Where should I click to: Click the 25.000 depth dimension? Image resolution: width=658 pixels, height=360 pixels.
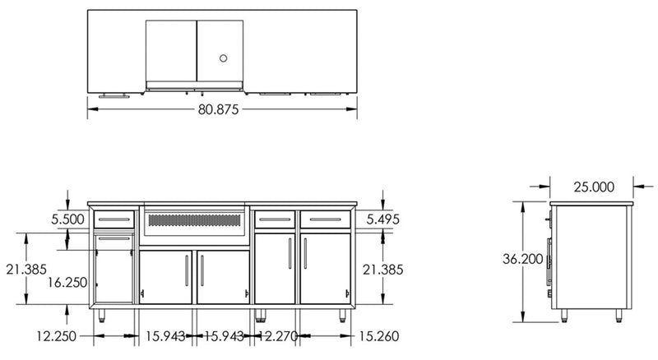click(x=592, y=187)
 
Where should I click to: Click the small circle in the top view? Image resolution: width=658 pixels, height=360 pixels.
click(x=223, y=58)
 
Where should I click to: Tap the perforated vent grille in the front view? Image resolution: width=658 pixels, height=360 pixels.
click(x=195, y=221)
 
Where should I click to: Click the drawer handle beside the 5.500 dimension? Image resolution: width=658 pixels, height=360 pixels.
click(x=114, y=219)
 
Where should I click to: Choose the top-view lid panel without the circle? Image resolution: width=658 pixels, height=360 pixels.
click(x=171, y=52)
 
